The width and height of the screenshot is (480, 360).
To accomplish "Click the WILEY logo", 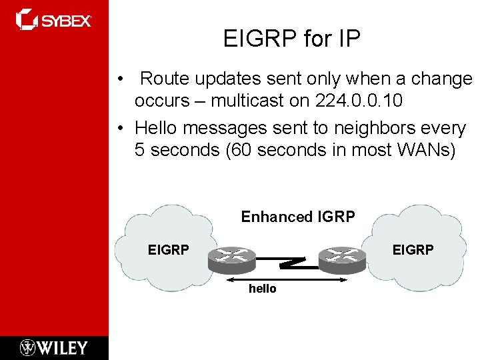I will pos(53,347).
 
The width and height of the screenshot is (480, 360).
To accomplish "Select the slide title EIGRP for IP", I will pos(291,39).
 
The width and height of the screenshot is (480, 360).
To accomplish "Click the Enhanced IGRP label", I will pos(297,217).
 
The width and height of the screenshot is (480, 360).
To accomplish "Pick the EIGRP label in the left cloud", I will pos(168,250).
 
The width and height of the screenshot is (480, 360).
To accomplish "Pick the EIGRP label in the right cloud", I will pos(413,249).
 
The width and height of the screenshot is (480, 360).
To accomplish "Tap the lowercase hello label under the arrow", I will pos(262,289).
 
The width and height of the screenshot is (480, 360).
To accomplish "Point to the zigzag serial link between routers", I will pos(291,259).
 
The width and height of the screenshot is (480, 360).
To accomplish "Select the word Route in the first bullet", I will pos(159,79).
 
